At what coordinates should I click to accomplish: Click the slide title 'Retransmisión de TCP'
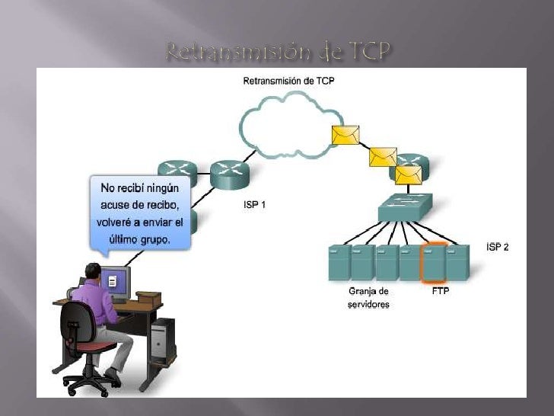(277, 53)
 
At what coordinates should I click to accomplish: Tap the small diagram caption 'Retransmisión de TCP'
(288, 81)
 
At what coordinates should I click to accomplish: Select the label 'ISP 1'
(254, 205)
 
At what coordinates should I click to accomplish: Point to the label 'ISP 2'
(497, 247)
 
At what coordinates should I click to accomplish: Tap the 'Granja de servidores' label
(369, 297)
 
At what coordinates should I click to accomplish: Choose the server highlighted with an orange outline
(435, 261)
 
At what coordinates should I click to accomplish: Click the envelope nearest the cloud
(345, 135)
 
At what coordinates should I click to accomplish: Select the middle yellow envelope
(383, 156)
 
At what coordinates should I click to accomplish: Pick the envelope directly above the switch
(408, 175)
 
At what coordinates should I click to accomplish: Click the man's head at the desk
(94, 271)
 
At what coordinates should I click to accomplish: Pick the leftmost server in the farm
(339, 261)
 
